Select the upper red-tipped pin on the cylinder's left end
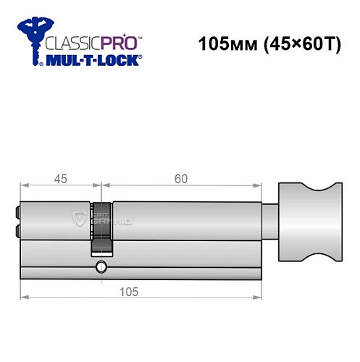[x=17, y=213]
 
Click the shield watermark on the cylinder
[x=78, y=219]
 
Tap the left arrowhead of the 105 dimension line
[x=24, y=296]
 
